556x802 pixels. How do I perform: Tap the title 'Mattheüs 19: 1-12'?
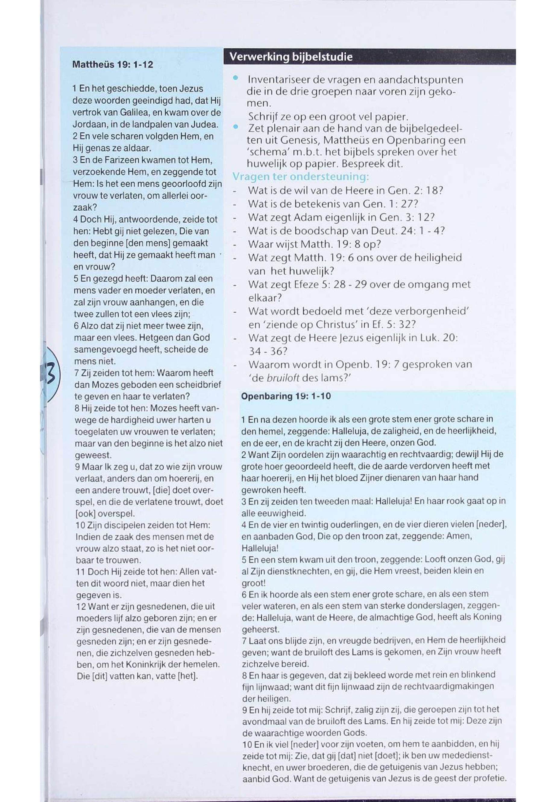[x=112, y=65]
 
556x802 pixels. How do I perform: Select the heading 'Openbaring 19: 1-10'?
[x=286, y=396]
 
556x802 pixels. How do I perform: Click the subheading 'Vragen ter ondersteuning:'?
[x=300, y=177]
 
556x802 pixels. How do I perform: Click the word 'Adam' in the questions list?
[x=306, y=217]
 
